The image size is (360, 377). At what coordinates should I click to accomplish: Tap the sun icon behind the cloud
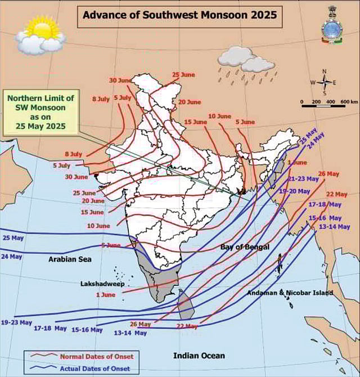coord(42,26)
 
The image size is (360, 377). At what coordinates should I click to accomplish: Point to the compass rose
coord(325,83)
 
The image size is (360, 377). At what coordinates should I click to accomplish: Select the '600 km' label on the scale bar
coord(349,101)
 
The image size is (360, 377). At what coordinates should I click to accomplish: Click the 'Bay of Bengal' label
coord(245,248)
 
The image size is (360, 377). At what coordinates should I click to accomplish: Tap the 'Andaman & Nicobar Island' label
coord(290,293)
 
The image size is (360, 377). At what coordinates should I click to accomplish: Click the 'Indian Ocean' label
coord(199,356)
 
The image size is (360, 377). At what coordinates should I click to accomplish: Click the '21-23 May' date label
coord(303,178)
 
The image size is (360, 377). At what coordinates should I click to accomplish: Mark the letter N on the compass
coord(325,71)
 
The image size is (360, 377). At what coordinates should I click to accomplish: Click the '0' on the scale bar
coord(302,101)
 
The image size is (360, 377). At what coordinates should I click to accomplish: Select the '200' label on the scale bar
coord(316,101)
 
